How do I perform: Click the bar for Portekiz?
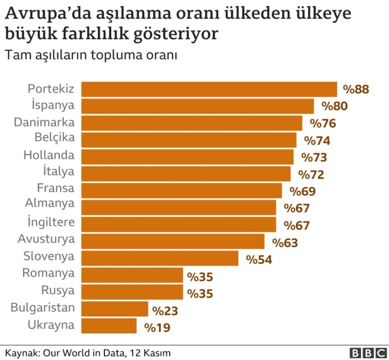click(209, 89)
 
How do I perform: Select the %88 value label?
click(356, 90)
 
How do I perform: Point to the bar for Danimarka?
click(191, 123)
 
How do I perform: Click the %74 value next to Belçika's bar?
click(316, 140)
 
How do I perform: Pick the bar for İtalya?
click(186, 174)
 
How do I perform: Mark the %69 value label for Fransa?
click(301, 192)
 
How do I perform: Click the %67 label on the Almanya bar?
click(296, 208)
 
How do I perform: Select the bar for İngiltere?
click(179, 224)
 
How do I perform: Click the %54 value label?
click(258, 259)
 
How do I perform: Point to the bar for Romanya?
click(132, 275)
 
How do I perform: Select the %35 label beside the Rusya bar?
click(199, 294)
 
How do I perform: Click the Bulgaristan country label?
click(43, 308)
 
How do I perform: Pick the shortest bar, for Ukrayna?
click(109, 326)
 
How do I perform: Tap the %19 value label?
click(157, 328)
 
